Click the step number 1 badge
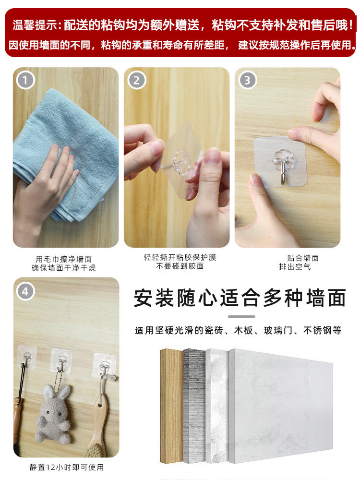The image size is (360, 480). click(x=25, y=80)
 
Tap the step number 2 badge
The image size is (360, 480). click(x=136, y=80)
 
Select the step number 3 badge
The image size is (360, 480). click(x=247, y=80)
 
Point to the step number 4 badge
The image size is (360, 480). click(x=25, y=291)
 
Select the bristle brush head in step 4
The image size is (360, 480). click(x=96, y=451)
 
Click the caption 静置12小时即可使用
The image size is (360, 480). click(x=67, y=467)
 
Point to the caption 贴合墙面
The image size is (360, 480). click(x=303, y=258)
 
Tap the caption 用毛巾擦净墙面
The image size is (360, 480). click(x=64, y=259)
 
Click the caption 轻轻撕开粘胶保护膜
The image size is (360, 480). click(x=180, y=257)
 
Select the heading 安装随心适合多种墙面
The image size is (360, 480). click(x=240, y=298)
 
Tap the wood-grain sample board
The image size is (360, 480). click(x=172, y=406)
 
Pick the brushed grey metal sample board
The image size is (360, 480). click(x=194, y=406)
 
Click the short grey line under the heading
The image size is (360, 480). click(x=241, y=316)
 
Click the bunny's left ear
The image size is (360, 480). click(x=48, y=392)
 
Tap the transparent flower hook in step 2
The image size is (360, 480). click(x=180, y=159)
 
